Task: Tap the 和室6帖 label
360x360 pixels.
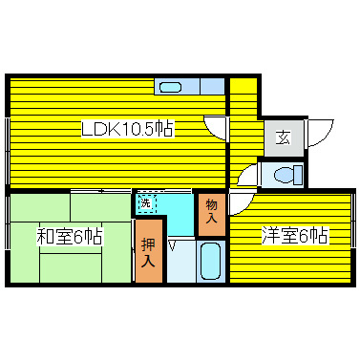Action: coord(70,235)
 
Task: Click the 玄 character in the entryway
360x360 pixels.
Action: coord(283,137)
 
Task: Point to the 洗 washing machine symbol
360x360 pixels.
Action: coord(145,203)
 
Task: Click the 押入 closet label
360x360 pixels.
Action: coord(148,250)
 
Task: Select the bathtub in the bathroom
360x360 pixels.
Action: coord(210,261)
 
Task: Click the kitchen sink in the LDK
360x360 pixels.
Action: coord(170,88)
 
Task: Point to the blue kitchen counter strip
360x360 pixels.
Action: coord(191,87)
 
